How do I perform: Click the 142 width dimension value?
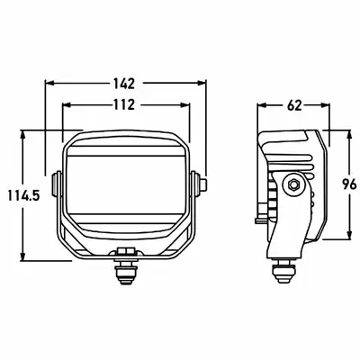(x=124, y=84)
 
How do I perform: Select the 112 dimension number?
(x=124, y=104)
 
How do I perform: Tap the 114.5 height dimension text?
(x=23, y=196)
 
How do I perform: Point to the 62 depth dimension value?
(x=294, y=105)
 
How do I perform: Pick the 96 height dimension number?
(x=349, y=184)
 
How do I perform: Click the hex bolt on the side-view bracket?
(x=293, y=184)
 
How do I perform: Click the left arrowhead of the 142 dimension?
(x=49, y=83)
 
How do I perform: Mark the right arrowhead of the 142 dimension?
(x=202, y=83)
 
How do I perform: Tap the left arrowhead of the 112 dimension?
(x=66, y=104)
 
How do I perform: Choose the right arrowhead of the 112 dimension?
(x=185, y=104)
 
